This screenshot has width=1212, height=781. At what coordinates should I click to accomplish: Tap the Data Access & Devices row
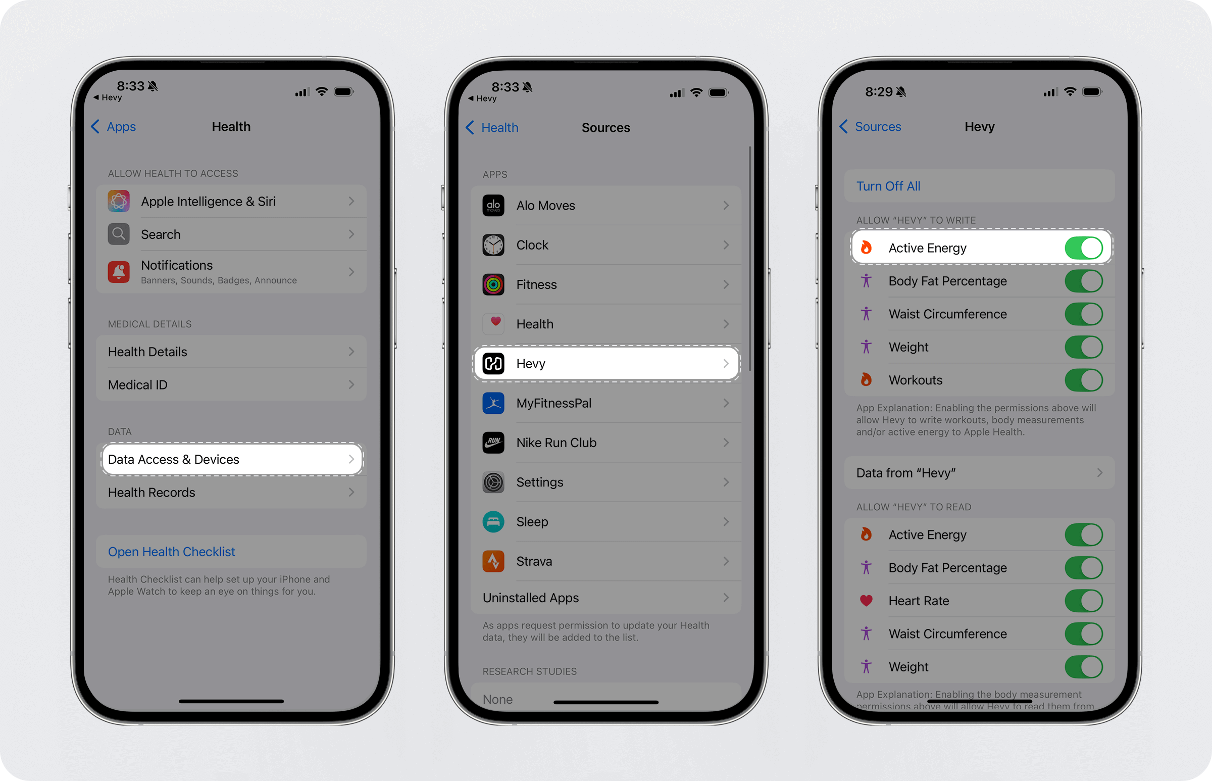point(232,459)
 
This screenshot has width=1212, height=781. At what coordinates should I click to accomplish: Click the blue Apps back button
point(114,126)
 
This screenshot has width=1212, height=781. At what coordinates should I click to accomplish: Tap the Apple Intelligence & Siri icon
point(119,202)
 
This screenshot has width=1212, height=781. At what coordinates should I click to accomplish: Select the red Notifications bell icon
point(119,272)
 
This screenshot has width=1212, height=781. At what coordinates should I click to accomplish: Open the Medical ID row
point(231,385)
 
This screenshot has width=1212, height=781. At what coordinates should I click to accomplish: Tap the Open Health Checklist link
point(171,552)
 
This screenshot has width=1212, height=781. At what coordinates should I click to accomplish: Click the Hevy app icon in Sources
point(493,364)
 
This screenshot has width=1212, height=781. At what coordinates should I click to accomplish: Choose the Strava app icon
point(493,561)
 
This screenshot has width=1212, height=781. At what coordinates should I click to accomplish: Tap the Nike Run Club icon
point(493,443)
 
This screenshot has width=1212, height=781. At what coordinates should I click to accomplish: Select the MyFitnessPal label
point(553,403)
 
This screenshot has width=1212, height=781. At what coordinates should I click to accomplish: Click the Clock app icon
point(493,245)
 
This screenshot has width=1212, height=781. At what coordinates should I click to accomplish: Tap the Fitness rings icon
point(493,284)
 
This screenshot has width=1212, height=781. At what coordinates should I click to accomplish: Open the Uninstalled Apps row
point(605,598)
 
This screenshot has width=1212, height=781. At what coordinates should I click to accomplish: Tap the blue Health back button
point(492,127)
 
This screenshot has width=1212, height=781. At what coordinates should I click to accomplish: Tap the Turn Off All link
point(888,186)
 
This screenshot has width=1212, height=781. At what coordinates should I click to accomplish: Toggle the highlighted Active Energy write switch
point(1084,248)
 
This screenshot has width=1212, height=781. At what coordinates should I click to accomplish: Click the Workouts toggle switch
point(1084,380)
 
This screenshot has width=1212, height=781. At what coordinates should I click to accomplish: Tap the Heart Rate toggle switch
point(1084,601)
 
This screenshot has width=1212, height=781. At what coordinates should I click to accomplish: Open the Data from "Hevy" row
point(979,473)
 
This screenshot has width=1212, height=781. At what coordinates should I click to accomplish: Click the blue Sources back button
point(870,126)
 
